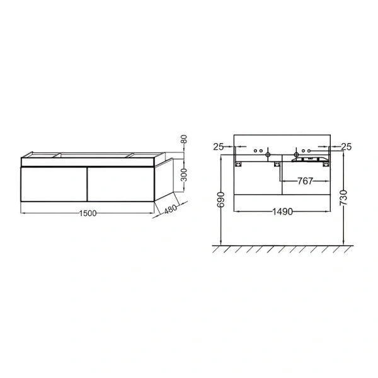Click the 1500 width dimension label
88,214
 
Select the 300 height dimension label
184,175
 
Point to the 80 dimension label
184,139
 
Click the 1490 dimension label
282,212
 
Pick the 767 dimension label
305,181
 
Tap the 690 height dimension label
221,200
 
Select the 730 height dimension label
343,198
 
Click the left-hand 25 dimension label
219,147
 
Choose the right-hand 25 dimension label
346,147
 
